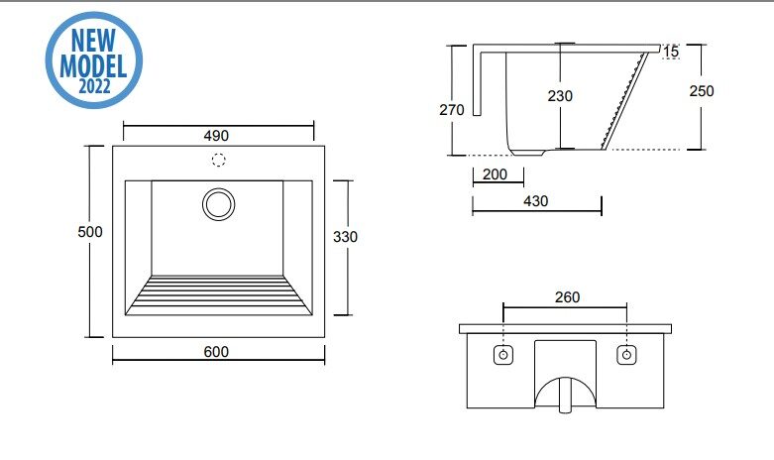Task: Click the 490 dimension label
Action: [216, 136]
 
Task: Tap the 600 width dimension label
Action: [216, 352]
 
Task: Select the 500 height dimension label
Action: [90, 231]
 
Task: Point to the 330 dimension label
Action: [345, 237]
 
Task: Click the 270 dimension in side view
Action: [452, 110]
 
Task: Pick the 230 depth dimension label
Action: [560, 96]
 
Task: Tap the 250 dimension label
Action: [702, 91]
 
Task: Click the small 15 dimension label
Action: [671, 52]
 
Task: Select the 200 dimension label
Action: [495, 174]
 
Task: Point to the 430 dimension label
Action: [535, 201]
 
